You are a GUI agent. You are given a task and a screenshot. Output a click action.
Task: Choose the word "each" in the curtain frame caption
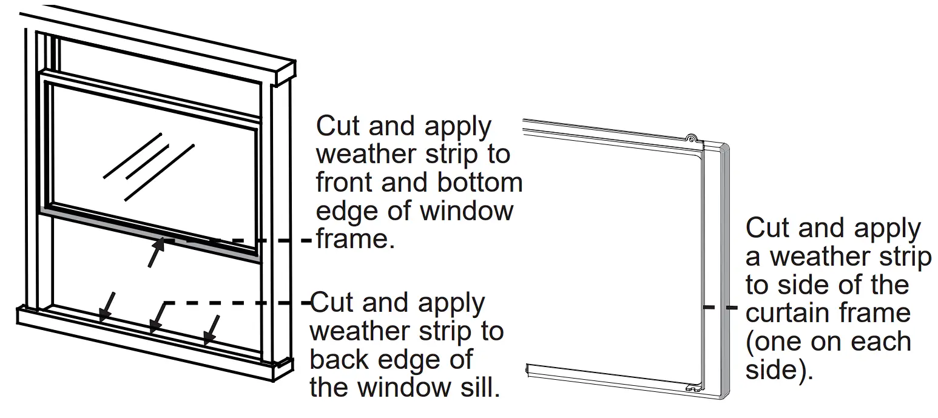tap(882, 342)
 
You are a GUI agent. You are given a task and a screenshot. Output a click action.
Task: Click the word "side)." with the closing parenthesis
tap(779, 370)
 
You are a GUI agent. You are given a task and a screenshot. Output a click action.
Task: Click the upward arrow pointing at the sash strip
tap(157, 252)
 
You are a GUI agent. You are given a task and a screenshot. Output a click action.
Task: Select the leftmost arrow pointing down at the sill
tap(107, 306)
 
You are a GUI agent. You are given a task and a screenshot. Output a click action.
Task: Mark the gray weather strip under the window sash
tap(152, 234)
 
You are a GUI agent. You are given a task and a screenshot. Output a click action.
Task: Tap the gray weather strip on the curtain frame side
tap(724, 273)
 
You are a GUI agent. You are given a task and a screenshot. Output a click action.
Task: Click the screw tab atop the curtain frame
tap(691, 139)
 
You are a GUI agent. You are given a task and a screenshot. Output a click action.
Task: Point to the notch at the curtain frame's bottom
tap(690, 386)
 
